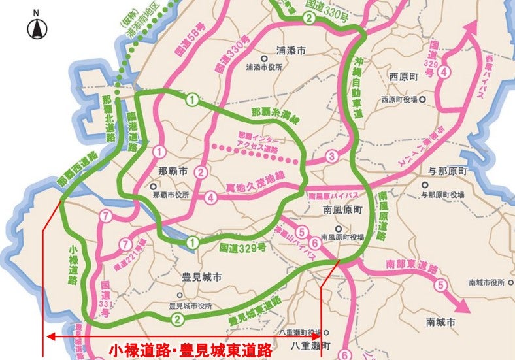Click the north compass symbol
tap(36, 27)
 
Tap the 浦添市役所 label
tap(264, 66)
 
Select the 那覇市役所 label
tap(171, 195)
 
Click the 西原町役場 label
tap(401, 100)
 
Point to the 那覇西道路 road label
tap(76, 170)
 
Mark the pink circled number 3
tap(332, 156)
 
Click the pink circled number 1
tap(159, 152)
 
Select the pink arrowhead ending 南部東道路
tap(460, 304)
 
